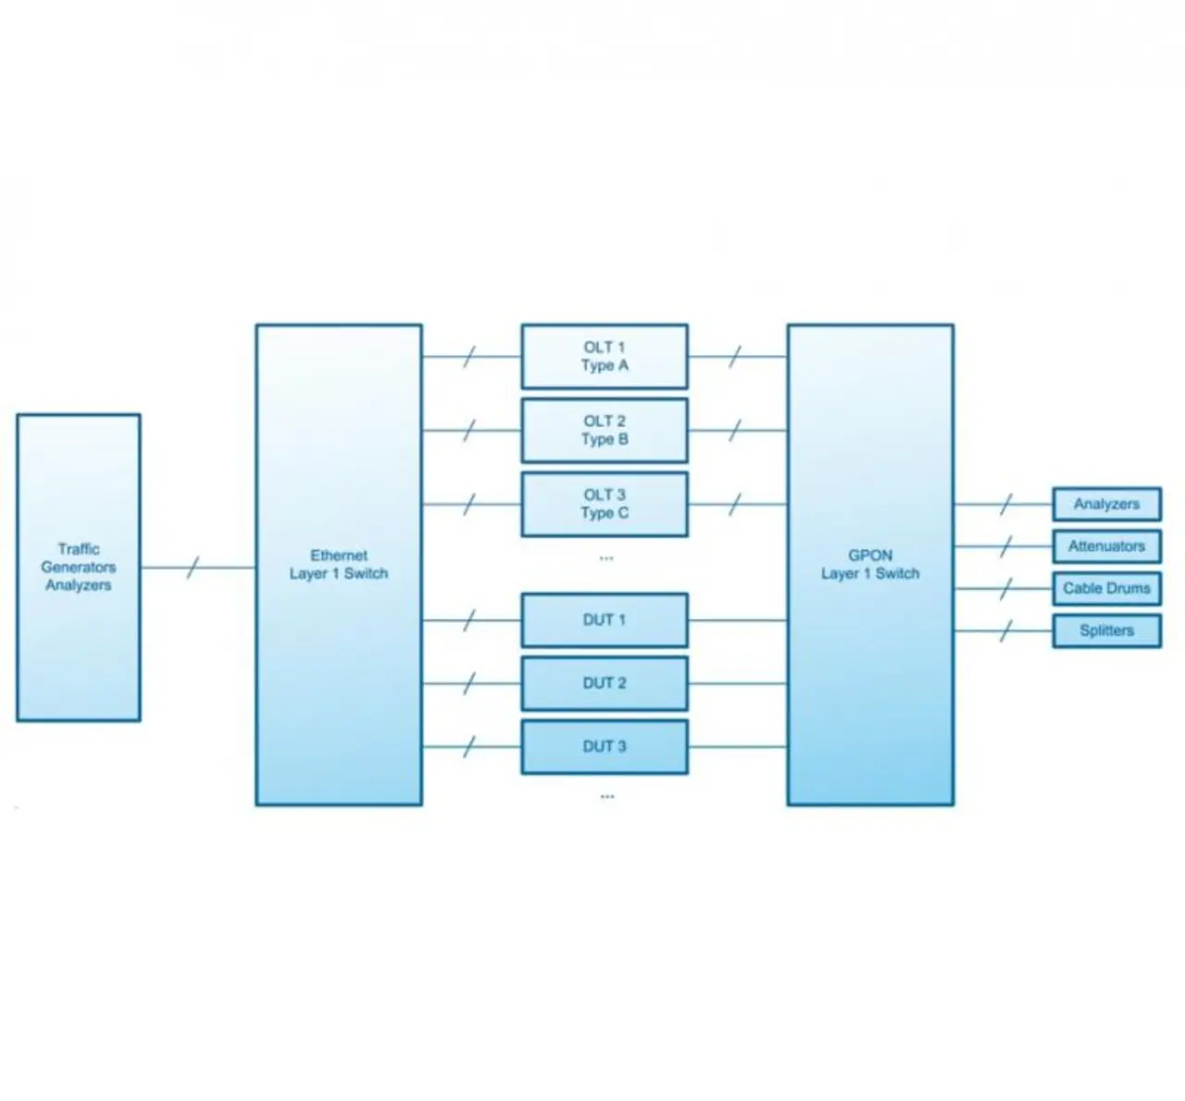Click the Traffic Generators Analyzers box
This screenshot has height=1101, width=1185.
tap(79, 567)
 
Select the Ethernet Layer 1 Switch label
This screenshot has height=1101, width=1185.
tap(338, 565)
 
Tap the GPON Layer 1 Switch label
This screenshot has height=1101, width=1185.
tap(870, 565)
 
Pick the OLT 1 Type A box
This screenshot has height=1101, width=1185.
tap(605, 357)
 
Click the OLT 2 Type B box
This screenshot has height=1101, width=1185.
tap(605, 431)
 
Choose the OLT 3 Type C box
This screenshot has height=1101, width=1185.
tap(605, 505)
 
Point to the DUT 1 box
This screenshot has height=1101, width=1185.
tap(605, 619)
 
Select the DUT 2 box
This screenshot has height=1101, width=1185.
tap(605, 683)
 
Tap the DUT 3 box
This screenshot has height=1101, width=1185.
tap(605, 746)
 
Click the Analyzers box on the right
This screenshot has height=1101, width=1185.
tap(1106, 505)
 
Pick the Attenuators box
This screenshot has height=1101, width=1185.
tap(1106, 546)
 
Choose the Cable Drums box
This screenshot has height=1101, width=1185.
tap(1106, 588)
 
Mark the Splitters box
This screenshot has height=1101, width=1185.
tap(1106, 631)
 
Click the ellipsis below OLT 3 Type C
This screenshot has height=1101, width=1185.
tap(606, 558)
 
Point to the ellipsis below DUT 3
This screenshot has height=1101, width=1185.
tap(607, 796)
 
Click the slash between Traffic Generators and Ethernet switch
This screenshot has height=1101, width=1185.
tap(193, 568)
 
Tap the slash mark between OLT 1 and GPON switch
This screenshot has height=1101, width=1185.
tap(735, 357)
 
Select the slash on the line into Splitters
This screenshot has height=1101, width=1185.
tap(1006, 632)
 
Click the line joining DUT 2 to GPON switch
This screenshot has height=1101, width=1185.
tap(737, 683)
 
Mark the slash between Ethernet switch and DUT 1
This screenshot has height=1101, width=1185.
tap(469, 620)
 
